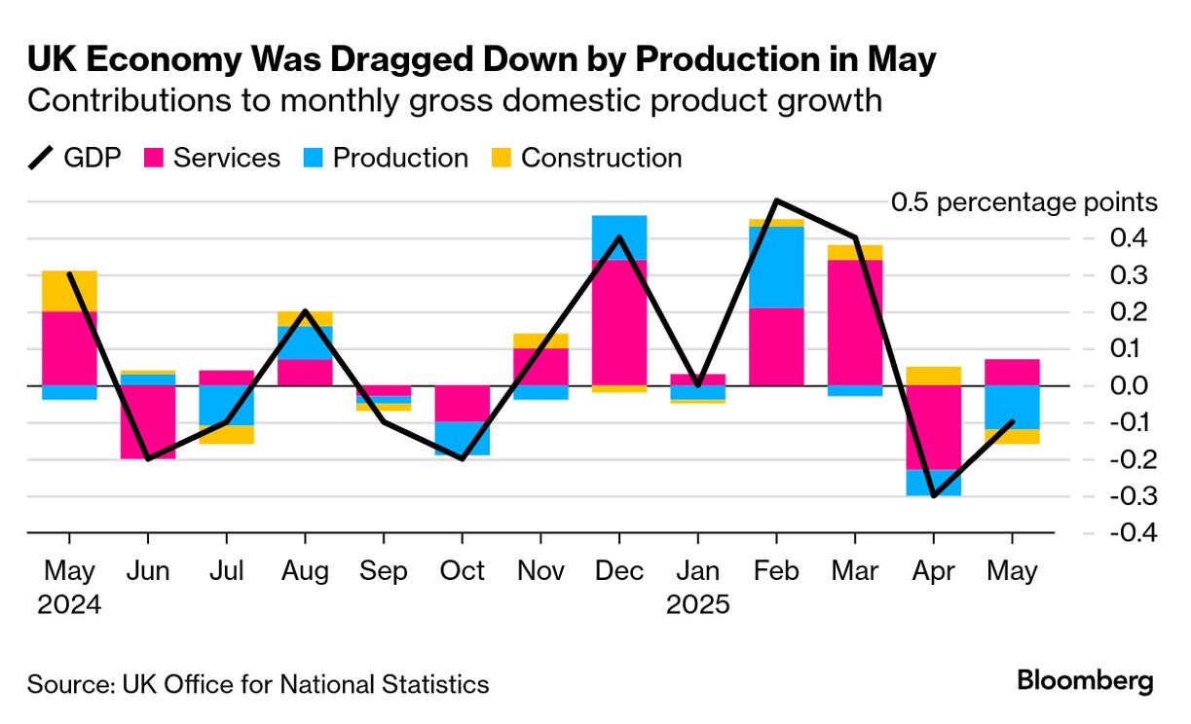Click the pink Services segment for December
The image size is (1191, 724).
619,321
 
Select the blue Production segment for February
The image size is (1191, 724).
776,267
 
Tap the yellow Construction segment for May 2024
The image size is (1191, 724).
69,290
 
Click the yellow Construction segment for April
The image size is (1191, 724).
934,375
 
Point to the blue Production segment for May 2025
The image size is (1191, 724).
1013,407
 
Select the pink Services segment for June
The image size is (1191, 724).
148,421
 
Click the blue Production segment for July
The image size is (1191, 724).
227,405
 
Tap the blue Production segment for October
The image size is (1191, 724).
463,438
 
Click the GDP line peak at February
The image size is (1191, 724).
776,201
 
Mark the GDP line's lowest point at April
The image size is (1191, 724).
934,495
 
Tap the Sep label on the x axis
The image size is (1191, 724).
384,570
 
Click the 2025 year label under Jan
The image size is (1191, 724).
697,604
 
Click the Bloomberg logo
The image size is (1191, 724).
1085,681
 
